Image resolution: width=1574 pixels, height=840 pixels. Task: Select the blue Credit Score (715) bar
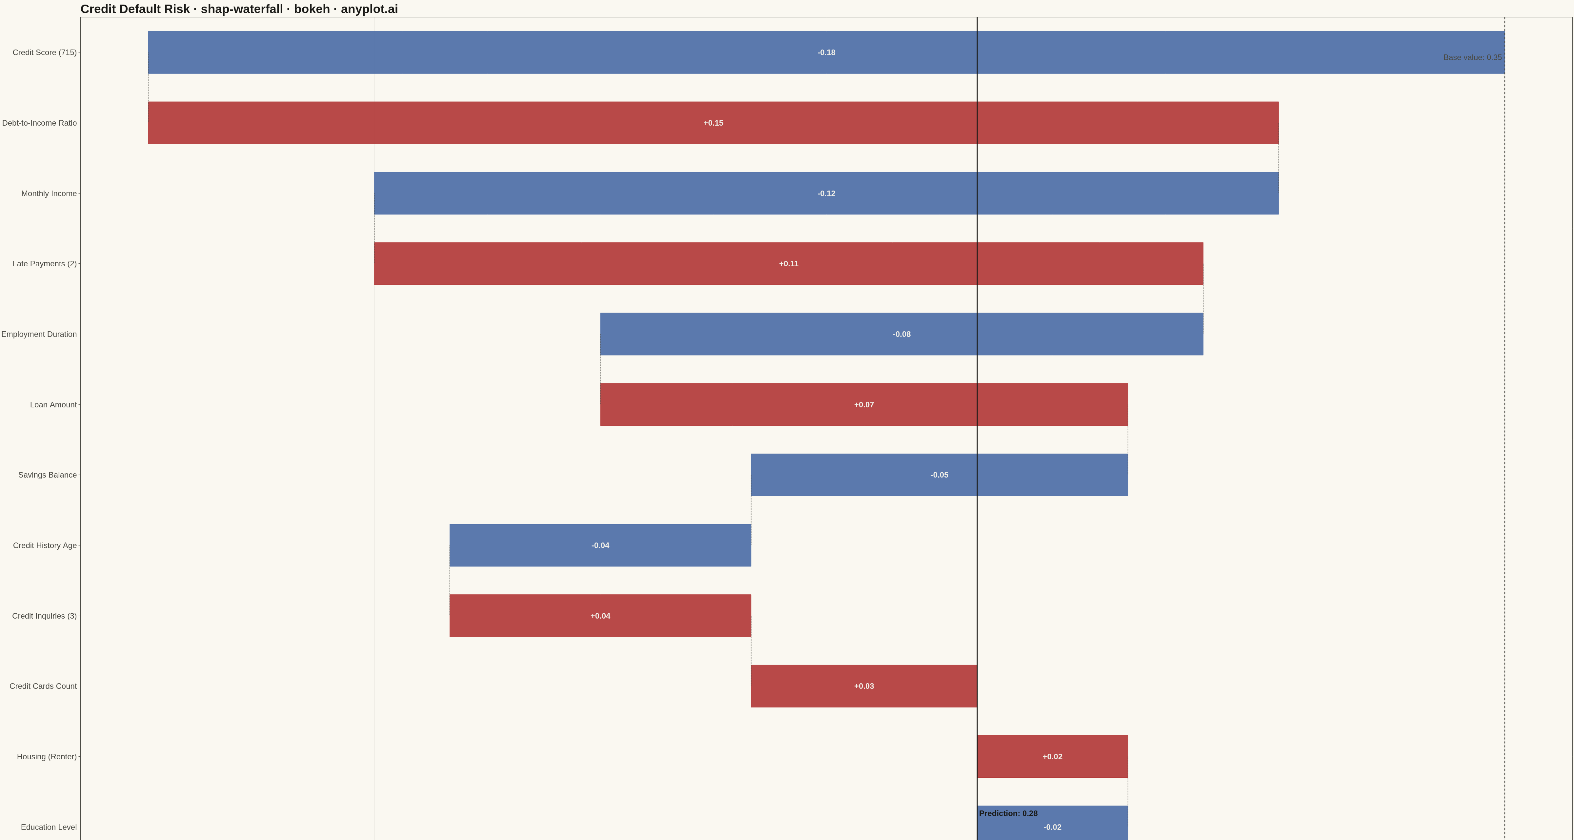coord(826,52)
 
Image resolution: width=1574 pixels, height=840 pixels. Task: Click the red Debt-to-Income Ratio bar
coord(713,123)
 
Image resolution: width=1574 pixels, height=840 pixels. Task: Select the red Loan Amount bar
coord(864,405)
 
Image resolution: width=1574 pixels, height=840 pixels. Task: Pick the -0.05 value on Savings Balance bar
coord(939,475)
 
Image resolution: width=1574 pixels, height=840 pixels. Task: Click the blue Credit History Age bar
coord(600,545)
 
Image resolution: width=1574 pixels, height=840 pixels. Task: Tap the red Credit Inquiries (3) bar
coord(600,616)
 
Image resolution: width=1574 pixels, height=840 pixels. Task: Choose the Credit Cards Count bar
coord(864,686)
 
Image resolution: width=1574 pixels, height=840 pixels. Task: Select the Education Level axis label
coord(49,827)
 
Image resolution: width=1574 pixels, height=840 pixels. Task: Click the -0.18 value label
coord(826,52)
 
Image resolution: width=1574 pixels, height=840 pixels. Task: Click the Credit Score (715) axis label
coord(45,52)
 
